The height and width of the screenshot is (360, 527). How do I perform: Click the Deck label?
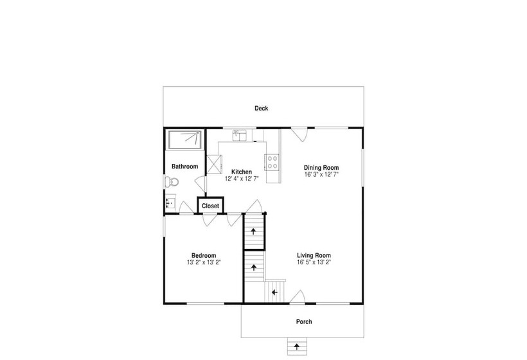point(261,108)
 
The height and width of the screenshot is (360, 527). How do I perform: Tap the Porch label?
point(304,321)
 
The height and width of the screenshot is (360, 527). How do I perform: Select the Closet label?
point(210,206)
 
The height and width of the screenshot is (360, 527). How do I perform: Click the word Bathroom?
point(185,166)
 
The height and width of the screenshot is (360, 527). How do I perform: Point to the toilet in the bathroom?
point(171,182)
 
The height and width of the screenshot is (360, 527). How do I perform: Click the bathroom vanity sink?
point(170,203)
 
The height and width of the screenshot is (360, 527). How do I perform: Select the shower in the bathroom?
point(185,140)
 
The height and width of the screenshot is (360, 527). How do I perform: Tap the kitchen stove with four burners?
point(272,162)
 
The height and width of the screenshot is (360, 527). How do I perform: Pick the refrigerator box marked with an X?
point(214,164)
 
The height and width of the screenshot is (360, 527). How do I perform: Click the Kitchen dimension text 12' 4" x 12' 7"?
point(242,179)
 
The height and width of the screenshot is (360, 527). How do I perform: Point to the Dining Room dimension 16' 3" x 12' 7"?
point(321,174)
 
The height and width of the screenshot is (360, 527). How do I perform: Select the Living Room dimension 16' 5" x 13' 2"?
point(314,262)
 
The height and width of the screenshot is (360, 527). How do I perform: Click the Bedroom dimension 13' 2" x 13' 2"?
point(204,262)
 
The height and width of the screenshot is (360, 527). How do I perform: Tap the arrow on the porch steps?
point(297,346)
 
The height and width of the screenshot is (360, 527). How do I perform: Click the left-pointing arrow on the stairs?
point(274,292)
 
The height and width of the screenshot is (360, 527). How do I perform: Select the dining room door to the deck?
point(299,134)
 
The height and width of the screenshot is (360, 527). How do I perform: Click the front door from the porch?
point(298,297)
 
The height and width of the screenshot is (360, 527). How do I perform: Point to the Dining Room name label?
point(321,168)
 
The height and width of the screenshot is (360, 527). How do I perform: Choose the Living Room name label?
point(314,255)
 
